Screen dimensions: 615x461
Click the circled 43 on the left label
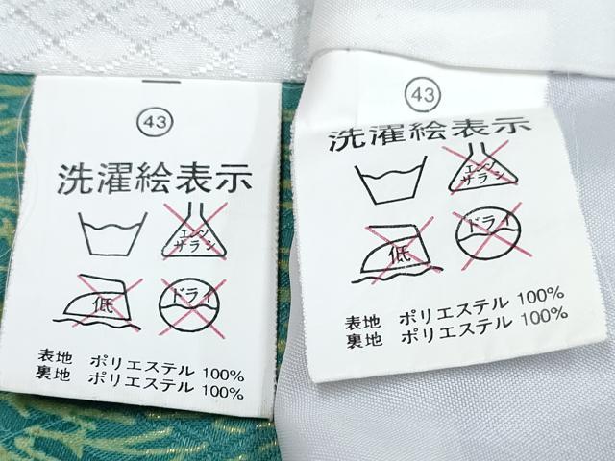coord(155,122)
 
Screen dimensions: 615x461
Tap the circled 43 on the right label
coord(423,95)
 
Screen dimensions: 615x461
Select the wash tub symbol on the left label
coord(112,234)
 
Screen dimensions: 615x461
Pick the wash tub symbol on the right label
coord(390,180)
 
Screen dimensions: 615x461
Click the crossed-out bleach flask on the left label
coord(195,230)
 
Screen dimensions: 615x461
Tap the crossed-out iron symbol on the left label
coord(98,303)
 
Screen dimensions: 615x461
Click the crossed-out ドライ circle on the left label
coord(191,306)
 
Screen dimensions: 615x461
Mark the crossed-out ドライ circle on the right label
coord(489,235)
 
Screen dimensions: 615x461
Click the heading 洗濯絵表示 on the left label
coord(154,180)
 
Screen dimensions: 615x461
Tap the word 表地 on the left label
coord(55,356)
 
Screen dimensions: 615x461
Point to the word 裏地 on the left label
coord(54,374)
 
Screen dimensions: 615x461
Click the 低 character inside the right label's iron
coord(400,255)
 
